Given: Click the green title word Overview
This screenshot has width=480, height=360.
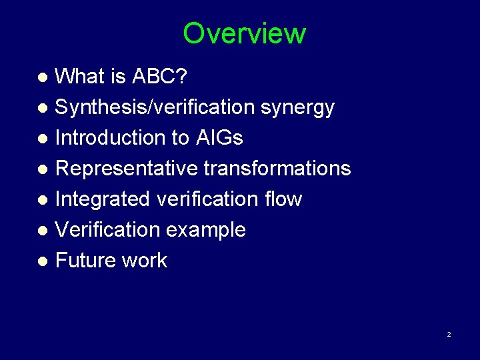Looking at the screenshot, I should [244, 33].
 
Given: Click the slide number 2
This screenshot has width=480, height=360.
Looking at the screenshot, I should [449, 334].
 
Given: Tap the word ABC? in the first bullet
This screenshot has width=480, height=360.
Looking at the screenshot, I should [160, 77].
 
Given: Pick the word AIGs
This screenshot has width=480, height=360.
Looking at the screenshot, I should [219, 138].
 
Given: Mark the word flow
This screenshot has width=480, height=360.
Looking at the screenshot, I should [283, 199].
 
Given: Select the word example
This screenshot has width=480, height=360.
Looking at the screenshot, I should [206, 230].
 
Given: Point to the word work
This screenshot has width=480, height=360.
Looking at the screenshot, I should [147, 261].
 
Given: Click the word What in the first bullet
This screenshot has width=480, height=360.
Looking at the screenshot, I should [79, 77].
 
